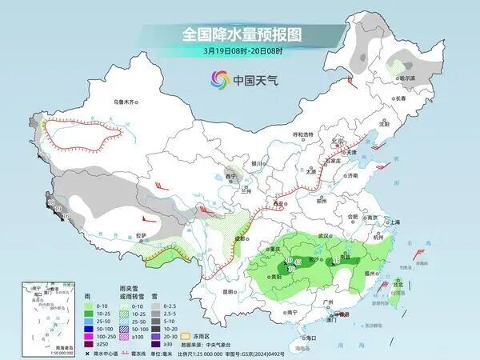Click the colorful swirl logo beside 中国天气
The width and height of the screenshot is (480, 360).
(x=218, y=79)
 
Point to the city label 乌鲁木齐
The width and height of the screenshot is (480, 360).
(x=126, y=102)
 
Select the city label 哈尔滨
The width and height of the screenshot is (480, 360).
(x=408, y=78)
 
